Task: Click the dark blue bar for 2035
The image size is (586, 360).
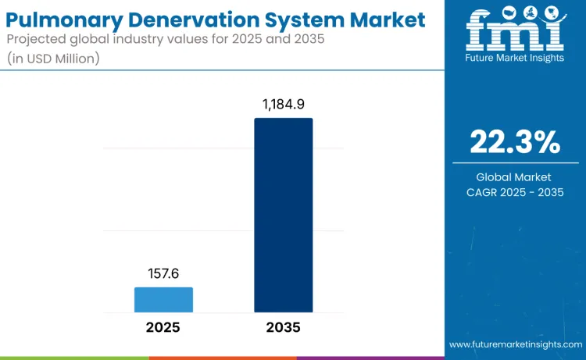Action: (283, 215)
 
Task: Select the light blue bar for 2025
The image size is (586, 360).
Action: (163, 300)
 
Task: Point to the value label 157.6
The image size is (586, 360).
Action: (163, 273)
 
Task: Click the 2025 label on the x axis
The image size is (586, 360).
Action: (163, 327)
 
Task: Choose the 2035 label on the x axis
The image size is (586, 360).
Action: (283, 327)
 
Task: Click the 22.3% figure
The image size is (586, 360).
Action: (514, 142)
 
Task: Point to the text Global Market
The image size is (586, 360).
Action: (514, 177)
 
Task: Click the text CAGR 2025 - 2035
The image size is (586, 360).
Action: (514, 192)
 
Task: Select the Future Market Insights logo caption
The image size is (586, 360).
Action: (515, 58)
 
